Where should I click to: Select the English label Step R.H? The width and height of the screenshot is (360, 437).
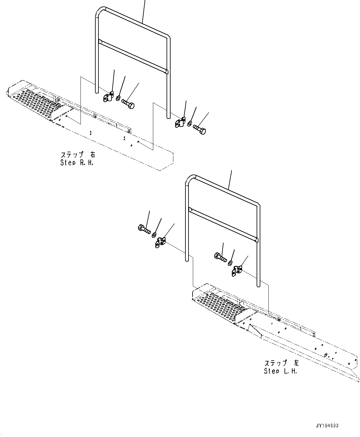pos(77,162)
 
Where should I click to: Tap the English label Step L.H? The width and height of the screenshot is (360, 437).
pos(280,371)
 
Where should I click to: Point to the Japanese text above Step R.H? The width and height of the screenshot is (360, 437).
pos(78,154)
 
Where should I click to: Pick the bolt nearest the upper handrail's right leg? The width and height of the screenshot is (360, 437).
pos(200,129)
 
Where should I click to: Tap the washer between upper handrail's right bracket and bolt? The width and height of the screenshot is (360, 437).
pos(189,124)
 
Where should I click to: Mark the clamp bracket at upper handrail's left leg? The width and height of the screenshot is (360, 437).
pos(108,97)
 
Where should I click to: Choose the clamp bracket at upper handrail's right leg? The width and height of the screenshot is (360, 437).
pos(179,123)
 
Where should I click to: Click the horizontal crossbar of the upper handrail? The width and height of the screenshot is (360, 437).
pos(133,56)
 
